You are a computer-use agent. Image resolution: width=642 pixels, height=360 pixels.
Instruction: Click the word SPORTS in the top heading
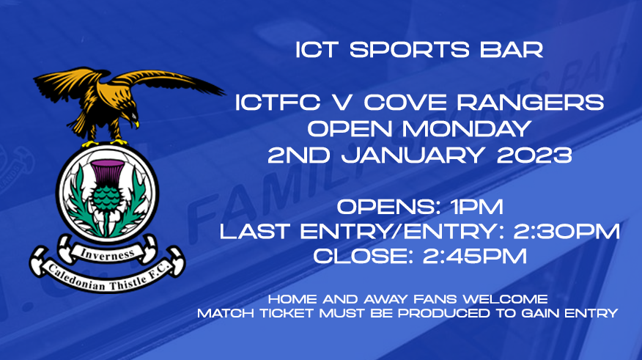[x=409, y=50]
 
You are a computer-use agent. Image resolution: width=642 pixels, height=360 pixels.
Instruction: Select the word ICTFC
[x=278, y=102]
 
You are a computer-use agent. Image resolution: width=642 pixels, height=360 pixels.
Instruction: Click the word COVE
[x=403, y=102]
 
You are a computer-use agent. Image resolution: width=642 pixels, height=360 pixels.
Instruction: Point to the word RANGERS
[x=530, y=102]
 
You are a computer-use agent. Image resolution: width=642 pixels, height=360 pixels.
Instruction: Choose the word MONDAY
[x=466, y=128]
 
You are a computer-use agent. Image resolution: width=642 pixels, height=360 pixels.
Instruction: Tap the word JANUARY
[x=413, y=155]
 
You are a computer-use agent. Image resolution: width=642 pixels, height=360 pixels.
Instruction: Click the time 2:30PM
[x=567, y=232]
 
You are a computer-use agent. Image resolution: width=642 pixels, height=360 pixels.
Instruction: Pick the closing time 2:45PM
[x=475, y=257]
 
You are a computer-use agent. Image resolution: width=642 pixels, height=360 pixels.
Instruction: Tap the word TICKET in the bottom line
[x=285, y=313]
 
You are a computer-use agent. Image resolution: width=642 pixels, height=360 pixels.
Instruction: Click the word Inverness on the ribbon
[x=107, y=254]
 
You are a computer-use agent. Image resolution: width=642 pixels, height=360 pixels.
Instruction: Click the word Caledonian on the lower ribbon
[x=75, y=278]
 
